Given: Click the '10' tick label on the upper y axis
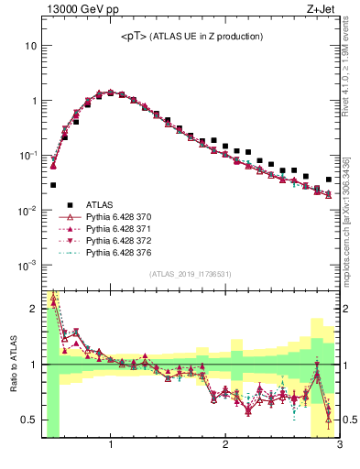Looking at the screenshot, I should pos(30,46).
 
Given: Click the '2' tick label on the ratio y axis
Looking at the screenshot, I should pos(33,309).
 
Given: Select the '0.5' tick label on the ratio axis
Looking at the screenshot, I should pos(28,420).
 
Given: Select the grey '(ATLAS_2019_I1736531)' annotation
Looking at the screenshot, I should pos(191,275).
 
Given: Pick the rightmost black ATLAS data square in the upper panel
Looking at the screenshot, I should pos(329,180).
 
